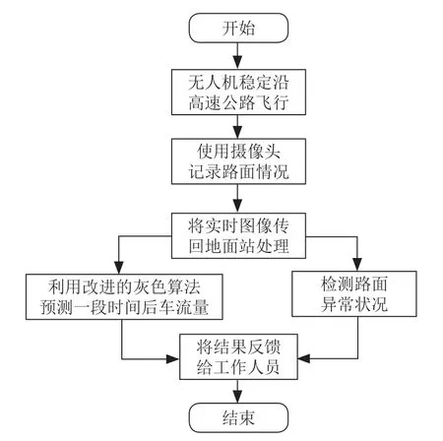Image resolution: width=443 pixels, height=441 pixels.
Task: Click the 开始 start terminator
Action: (238, 28)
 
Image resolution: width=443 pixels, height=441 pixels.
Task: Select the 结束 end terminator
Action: (238, 417)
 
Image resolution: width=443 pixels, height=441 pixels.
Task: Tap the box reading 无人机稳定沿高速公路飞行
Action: (238, 92)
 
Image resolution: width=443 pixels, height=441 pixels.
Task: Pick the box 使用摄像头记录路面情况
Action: (238, 161)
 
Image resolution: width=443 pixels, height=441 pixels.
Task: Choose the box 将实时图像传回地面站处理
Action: (238, 235)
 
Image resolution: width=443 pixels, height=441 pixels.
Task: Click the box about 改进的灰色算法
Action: (124, 296)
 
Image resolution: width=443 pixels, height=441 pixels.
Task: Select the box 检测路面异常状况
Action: (354, 293)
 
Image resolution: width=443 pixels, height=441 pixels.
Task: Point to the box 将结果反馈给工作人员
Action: (238, 356)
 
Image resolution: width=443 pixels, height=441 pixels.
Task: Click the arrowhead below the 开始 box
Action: (237, 63)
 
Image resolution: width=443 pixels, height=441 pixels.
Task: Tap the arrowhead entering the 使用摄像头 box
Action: (237, 132)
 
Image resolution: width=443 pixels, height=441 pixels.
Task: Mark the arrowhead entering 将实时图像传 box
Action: (237, 207)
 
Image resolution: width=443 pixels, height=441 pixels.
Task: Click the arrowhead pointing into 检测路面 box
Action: (357, 265)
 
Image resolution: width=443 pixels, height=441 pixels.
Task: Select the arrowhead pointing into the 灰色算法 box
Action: (119, 268)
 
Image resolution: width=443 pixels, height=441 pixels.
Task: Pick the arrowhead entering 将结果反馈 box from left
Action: (173, 358)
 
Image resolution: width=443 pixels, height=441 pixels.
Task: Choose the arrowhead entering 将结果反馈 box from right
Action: (304, 358)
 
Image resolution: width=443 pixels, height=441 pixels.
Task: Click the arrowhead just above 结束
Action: (237, 397)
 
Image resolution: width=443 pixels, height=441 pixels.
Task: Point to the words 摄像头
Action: (255, 152)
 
